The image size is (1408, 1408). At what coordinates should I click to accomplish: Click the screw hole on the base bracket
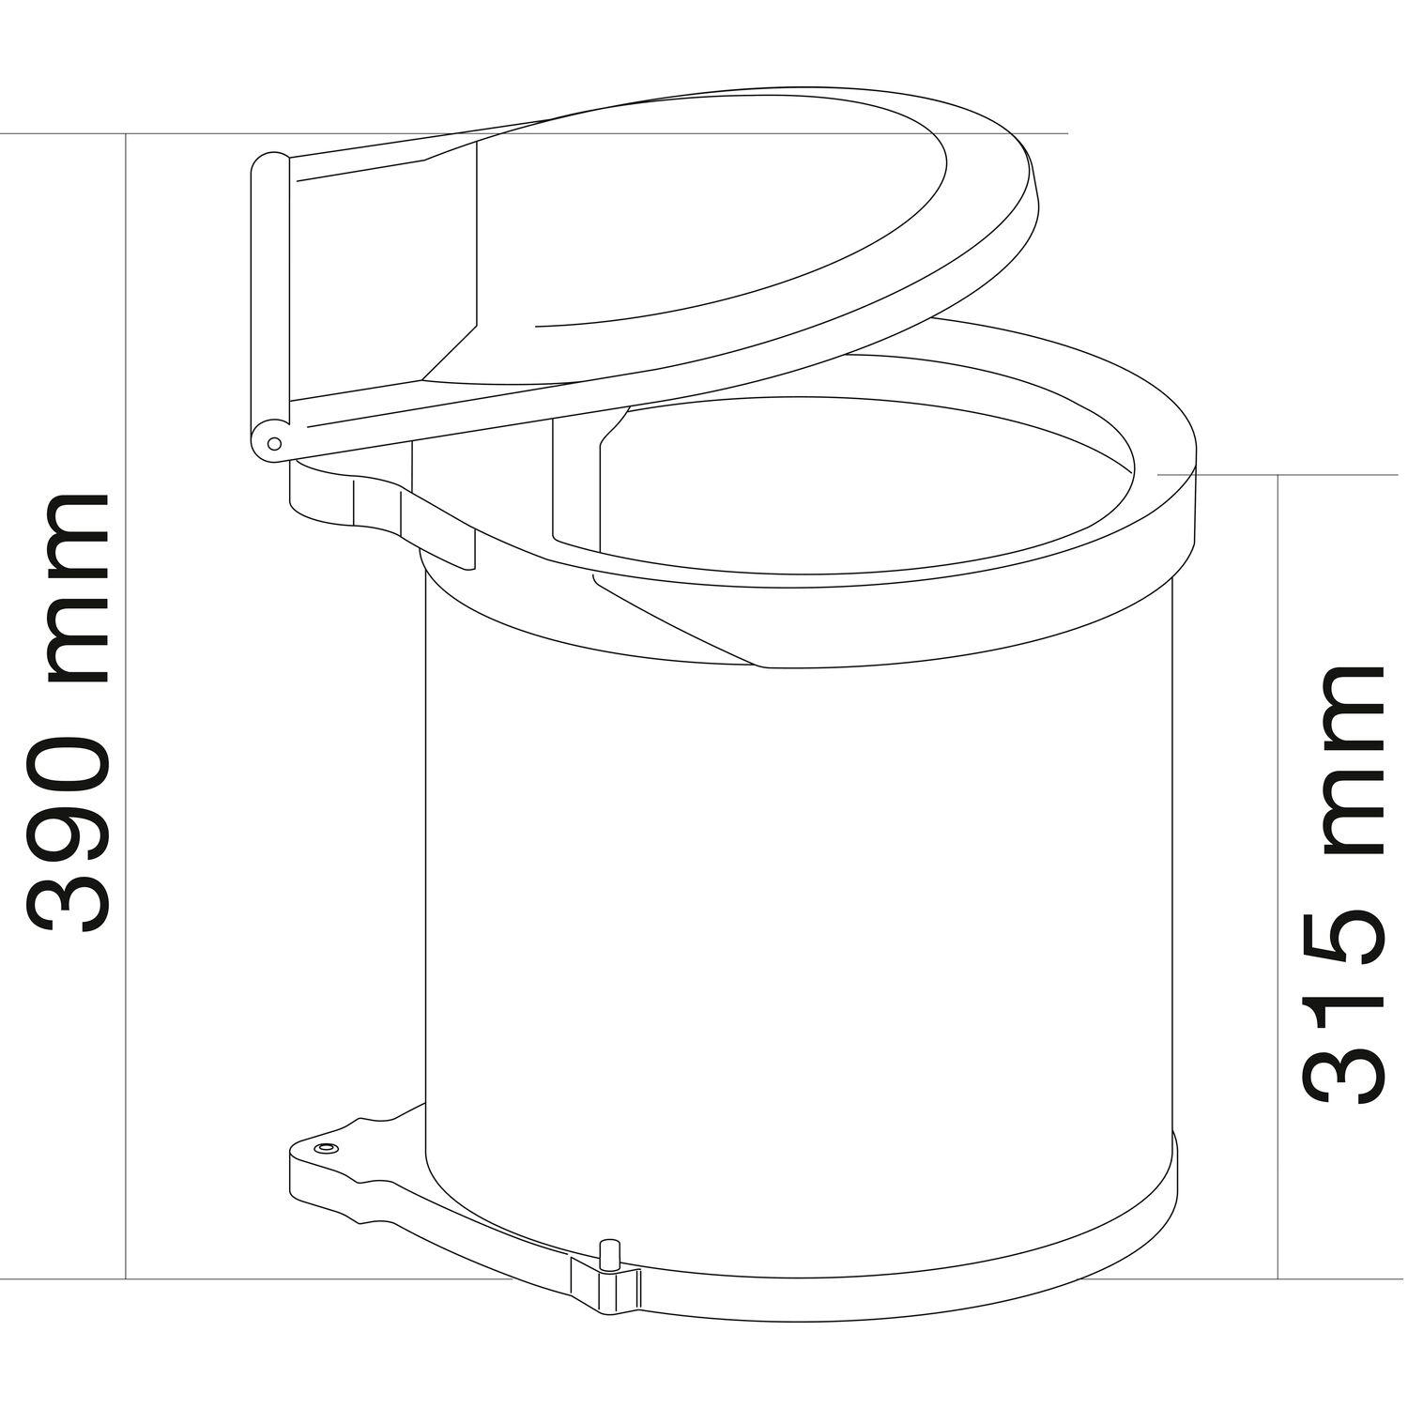326,1149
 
